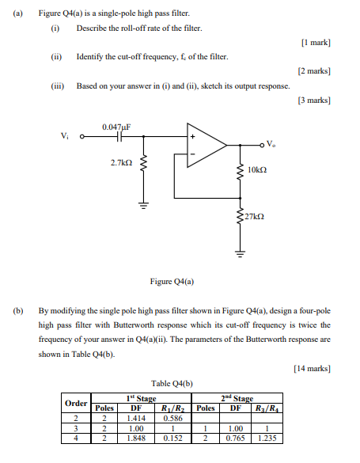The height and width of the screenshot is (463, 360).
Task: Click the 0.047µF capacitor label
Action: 116,127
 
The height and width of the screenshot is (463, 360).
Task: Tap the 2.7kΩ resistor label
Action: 122,162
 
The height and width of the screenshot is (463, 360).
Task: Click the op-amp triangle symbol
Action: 204,145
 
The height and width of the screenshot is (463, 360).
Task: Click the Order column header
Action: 76,403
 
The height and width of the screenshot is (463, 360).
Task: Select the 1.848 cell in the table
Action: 135,436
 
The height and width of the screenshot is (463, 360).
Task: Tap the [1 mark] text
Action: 316,40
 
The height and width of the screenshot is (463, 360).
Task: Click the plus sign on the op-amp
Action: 191,136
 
